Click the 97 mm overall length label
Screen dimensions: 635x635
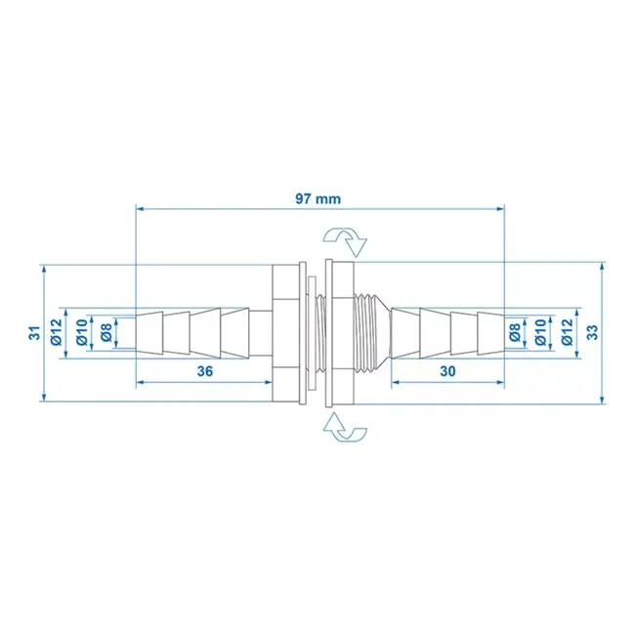tap(319, 198)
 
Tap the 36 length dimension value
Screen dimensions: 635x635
tap(204, 370)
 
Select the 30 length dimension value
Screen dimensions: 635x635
tap(447, 370)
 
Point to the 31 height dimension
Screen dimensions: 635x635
tap(34, 332)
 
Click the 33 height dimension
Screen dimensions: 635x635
tap(592, 332)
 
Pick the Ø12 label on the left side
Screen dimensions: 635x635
tap(56, 332)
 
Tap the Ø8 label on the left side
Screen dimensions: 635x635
tap(105, 332)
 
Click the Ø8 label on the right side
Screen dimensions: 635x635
tap(515, 332)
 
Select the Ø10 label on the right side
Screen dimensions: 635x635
tap(539, 332)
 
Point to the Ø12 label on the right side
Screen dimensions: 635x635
tap(567, 332)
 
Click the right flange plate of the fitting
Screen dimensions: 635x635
tap(333, 332)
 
